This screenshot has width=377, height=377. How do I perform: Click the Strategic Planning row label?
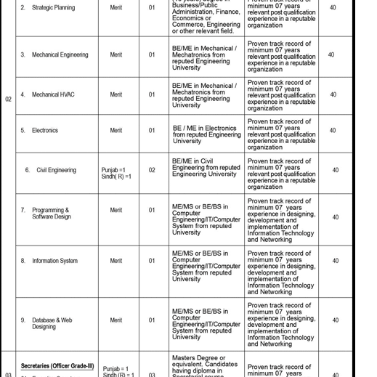(53, 8)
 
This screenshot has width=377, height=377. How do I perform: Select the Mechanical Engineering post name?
(60, 54)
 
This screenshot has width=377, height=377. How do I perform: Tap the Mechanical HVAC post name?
(53, 94)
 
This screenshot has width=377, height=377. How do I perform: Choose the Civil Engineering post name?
(56, 170)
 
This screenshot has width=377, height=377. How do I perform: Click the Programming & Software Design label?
(51, 214)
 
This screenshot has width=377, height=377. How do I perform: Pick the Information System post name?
(54, 261)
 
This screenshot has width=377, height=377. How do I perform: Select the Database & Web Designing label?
(52, 323)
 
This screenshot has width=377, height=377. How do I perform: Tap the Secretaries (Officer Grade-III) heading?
(57, 365)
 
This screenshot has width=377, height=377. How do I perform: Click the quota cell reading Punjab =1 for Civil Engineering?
(113, 170)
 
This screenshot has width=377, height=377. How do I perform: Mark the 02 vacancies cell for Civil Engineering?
(152, 170)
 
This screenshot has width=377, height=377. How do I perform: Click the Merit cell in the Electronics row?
(116, 131)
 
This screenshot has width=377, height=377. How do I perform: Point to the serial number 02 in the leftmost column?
(9, 99)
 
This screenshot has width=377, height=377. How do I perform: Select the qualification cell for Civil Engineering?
(206, 168)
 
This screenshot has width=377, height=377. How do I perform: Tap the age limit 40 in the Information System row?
(335, 261)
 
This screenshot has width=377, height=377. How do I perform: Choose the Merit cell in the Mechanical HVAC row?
(116, 94)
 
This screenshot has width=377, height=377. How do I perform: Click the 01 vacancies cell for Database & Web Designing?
(152, 320)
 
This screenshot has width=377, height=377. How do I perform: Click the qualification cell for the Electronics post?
(206, 134)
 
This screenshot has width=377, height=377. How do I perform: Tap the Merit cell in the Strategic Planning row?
(116, 8)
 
